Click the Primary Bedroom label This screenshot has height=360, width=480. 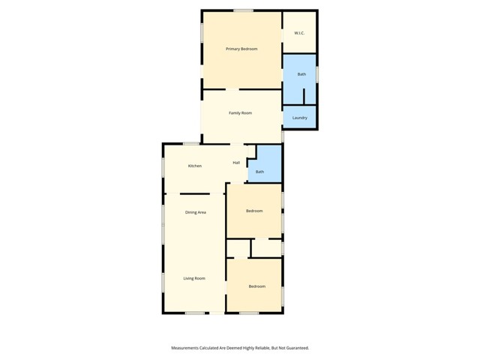[x=241, y=49]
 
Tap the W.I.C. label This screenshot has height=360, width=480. [x=298, y=33]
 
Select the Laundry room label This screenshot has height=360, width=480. [x=299, y=118]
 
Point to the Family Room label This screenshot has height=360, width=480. [x=240, y=112]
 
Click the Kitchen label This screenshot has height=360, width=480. [x=194, y=166]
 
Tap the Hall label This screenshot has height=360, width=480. [x=236, y=163]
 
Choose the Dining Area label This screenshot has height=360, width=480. [x=195, y=212]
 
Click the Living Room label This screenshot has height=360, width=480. [x=194, y=278]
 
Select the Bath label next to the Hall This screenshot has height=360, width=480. [x=259, y=172]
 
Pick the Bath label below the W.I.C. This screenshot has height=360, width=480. [x=301, y=74]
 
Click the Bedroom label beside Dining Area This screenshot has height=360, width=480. [x=254, y=211]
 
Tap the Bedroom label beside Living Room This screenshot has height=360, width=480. [x=256, y=286]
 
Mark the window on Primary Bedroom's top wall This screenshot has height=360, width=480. [x=242, y=10]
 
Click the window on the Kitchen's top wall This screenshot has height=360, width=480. [x=191, y=143]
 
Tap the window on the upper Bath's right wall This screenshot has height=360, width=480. [x=317, y=74]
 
